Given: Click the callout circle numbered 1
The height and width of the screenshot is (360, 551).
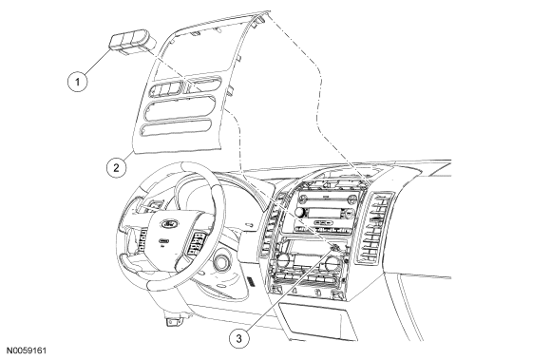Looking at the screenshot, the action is (x=77, y=82).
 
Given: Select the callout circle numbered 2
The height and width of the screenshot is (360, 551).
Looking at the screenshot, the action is (x=117, y=167).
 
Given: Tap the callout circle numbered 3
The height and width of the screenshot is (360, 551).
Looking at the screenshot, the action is (x=239, y=338).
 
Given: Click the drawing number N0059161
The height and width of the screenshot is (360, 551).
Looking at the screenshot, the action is (x=28, y=351).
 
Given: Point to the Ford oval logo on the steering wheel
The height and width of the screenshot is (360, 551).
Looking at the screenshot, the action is (x=170, y=223).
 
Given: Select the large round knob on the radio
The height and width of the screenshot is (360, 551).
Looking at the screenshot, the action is (x=300, y=213).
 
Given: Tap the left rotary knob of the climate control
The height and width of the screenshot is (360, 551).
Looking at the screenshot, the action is (x=282, y=260).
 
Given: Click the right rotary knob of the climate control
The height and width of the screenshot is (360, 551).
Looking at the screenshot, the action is (x=331, y=262).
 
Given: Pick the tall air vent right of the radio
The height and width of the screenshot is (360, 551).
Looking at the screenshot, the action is (x=373, y=228).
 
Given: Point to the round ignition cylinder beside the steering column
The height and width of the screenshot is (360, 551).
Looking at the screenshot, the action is (x=222, y=261).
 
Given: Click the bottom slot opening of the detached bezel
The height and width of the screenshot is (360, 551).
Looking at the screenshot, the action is (x=177, y=127).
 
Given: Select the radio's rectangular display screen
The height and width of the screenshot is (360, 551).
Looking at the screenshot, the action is (x=321, y=212).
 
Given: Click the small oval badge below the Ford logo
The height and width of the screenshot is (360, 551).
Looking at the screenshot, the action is (x=163, y=241).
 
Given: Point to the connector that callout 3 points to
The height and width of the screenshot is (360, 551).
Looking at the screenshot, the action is (x=334, y=248).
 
